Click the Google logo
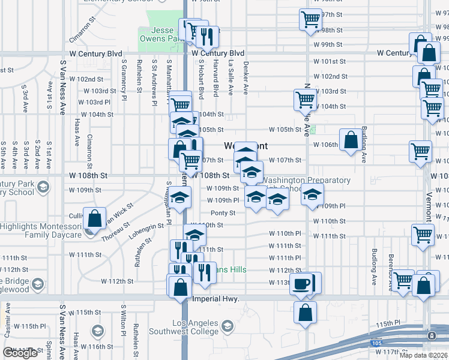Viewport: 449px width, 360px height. (20, 353)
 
